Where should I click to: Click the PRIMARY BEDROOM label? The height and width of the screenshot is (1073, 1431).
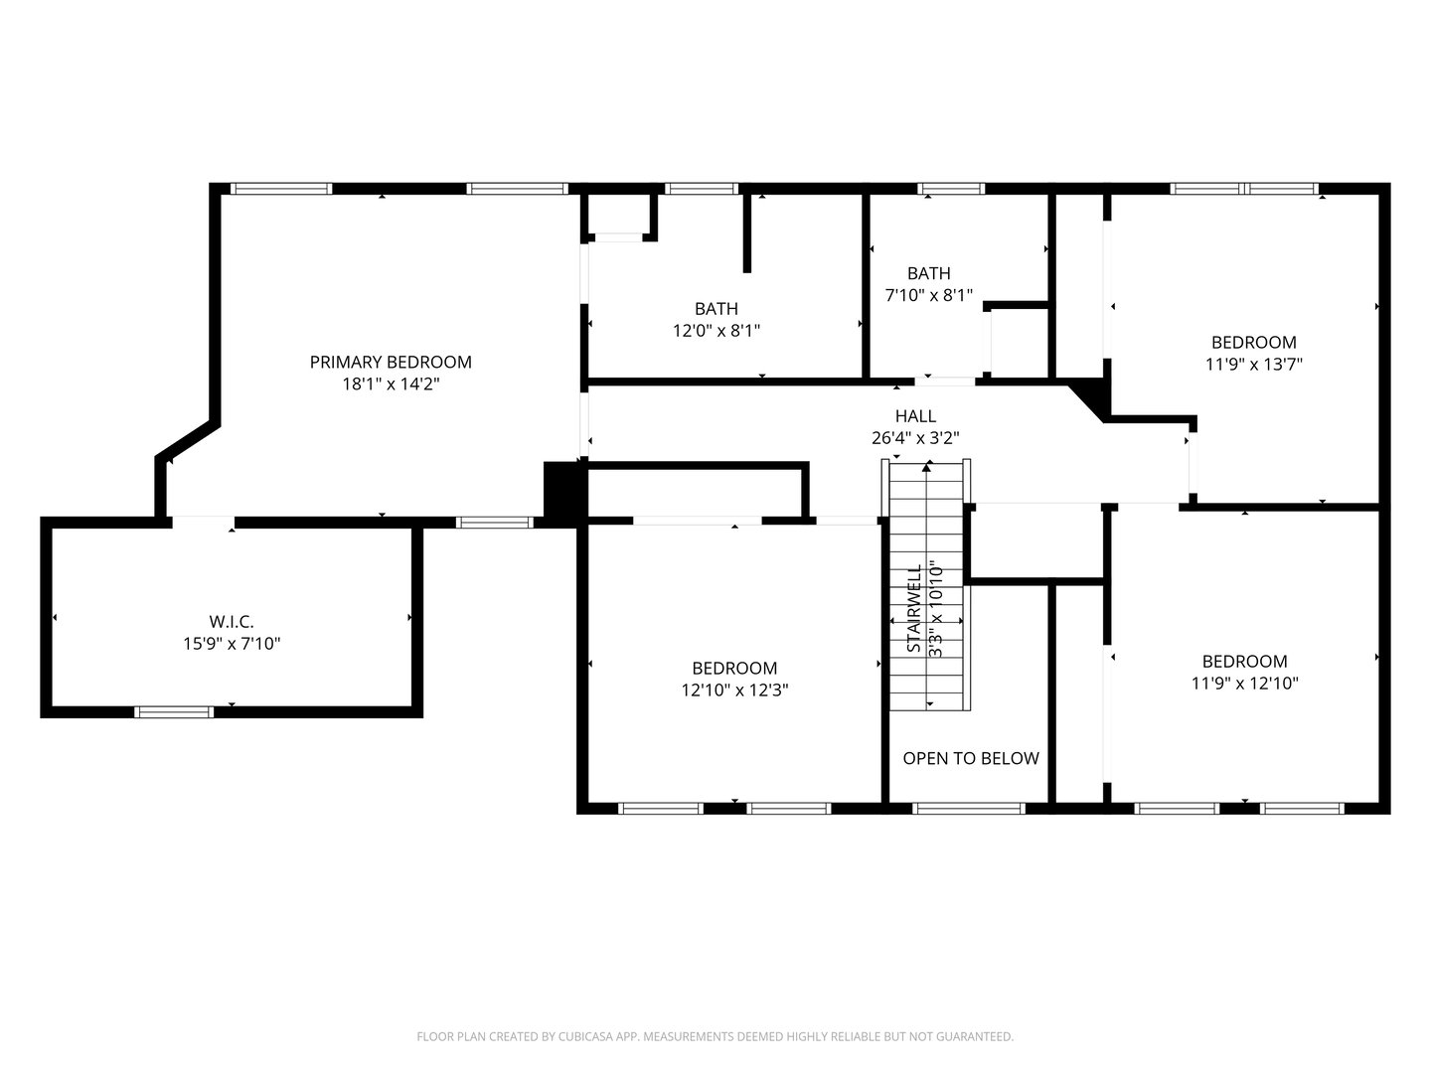[391, 362]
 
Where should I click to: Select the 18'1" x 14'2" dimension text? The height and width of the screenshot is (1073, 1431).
[391, 383]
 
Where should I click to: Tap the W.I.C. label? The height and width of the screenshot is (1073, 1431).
[232, 621]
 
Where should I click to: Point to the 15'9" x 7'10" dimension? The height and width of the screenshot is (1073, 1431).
[232, 644]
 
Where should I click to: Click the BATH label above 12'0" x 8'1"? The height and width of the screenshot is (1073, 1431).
[715, 309]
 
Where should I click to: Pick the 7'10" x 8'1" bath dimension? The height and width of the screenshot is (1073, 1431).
[928, 295]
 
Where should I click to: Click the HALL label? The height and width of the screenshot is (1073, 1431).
[915, 416]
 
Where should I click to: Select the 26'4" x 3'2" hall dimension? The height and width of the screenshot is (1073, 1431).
[915, 438]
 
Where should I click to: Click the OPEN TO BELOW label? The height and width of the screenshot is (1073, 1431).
[970, 758]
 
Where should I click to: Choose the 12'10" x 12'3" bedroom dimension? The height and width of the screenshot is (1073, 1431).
[734, 690]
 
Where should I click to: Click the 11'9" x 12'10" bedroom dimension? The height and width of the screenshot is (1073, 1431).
[1244, 684]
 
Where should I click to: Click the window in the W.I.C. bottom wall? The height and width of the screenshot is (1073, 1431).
[174, 711]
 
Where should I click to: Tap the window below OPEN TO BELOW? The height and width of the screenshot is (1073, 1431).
[968, 808]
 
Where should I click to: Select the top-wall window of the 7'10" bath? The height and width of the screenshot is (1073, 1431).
[951, 188]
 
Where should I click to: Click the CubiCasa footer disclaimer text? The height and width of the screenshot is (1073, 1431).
[715, 1036]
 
